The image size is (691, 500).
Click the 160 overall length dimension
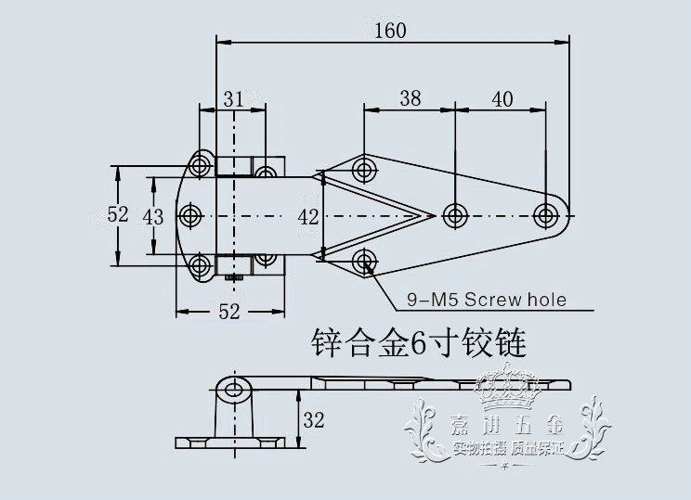click(x=392, y=30)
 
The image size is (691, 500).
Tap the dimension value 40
click(x=502, y=96)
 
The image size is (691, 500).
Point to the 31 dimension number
click(x=234, y=96)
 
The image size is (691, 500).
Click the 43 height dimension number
click(x=154, y=215)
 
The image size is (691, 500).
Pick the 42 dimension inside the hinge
click(x=310, y=216)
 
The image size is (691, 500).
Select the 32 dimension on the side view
click(x=314, y=421)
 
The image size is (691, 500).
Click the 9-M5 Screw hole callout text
click(x=487, y=300)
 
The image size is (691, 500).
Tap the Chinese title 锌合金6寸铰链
click(x=418, y=345)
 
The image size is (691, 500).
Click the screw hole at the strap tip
click(x=546, y=215)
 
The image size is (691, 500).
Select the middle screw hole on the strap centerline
click(x=454, y=215)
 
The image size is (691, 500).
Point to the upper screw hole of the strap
click(x=363, y=171)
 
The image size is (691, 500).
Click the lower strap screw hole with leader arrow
click(x=363, y=259)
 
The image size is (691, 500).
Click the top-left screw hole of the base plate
click(x=200, y=167)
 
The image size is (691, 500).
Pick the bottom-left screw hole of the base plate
click(x=200, y=266)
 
